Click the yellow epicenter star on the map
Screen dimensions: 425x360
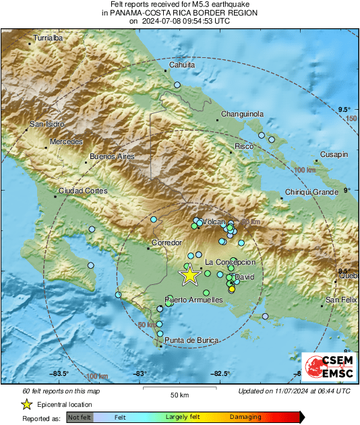pos(189,274)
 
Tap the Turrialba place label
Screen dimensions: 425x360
pos(48,38)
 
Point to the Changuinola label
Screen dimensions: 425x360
pos(242,114)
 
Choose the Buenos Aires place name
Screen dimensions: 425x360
pos(112,156)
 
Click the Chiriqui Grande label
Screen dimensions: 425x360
pos(310,193)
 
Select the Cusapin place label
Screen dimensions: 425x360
pos(334,154)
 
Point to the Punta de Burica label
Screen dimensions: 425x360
pos(192,341)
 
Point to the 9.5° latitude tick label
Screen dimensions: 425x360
pos(344,109)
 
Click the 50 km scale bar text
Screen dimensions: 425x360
pos(179,394)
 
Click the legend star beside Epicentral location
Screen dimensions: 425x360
pos(26,404)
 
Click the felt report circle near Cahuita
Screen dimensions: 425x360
pos(177,85)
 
